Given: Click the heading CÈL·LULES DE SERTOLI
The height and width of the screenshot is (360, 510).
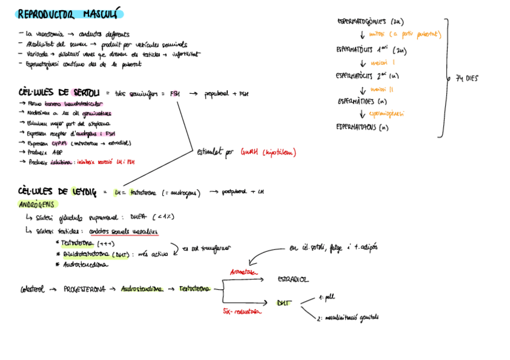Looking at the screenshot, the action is (59, 93).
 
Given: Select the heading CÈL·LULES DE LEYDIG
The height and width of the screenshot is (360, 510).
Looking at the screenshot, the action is (57, 192).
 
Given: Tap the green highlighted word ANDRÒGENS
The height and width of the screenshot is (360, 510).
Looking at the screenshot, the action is (37, 204).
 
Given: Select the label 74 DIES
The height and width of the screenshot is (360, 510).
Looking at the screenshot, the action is (467, 78).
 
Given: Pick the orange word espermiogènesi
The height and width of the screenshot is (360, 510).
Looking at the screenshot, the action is (386, 113).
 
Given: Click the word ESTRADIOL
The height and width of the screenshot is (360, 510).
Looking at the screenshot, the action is (293, 279).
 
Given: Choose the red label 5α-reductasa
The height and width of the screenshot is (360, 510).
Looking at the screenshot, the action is (242, 312).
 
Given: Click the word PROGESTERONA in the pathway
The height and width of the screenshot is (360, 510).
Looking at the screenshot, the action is (84, 289).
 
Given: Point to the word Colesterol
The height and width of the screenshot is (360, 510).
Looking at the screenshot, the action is (31, 289).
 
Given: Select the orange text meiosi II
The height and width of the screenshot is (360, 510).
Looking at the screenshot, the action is (383, 89).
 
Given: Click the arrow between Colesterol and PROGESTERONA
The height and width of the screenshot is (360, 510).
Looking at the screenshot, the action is (53, 289).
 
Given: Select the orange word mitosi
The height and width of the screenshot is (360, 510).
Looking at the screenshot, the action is (379, 34).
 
